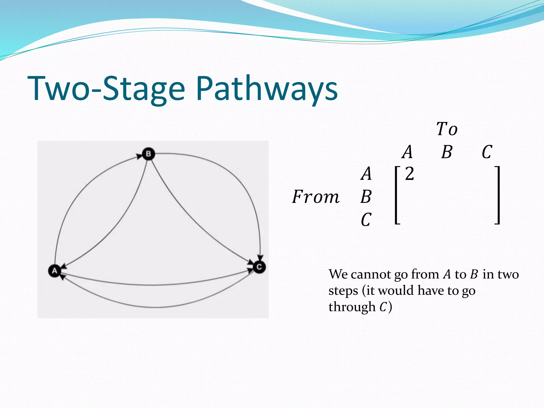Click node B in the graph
(148, 154)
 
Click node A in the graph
(54, 271)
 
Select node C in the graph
(259, 267)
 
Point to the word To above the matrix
(447, 129)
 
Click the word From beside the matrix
(316, 197)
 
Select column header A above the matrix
(407, 152)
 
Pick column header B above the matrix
(447, 152)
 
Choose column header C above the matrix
(487, 152)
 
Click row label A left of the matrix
(366, 174)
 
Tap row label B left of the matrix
(366, 197)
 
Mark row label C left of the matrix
(366, 220)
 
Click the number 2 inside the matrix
(409, 174)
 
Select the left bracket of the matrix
(397, 195)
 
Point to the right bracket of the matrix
(498, 195)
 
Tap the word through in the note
(352, 307)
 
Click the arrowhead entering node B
(139, 156)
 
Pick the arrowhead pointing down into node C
(261, 257)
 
